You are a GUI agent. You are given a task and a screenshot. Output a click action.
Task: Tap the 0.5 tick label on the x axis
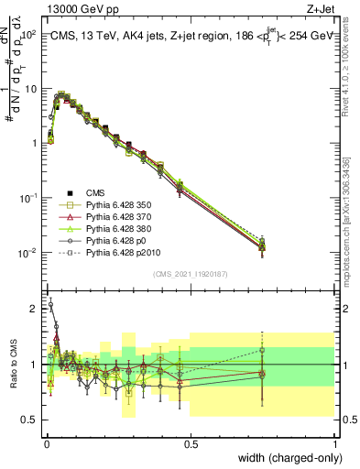(x=191, y=443)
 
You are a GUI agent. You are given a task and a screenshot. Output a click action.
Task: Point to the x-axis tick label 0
(x=47, y=443)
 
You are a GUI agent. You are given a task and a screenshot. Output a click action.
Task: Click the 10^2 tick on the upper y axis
(x=28, y=34)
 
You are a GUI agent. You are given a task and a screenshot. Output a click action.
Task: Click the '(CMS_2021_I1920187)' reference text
(x=190, y=275)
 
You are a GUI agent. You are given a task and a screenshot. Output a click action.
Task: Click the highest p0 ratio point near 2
(x=50, y=304)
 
